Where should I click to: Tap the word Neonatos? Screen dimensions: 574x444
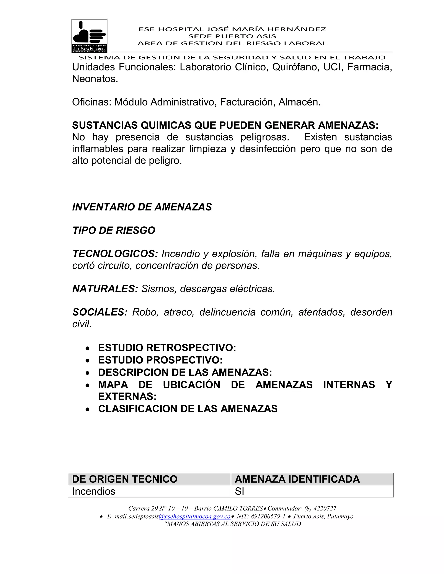pos(95,79)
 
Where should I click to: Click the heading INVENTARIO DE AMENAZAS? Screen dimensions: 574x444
pos(142,207)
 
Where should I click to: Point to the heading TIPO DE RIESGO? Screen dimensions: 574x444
pos(114,230)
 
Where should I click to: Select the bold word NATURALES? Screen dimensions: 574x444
pos(105,289)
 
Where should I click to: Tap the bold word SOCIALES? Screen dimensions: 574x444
pos(100,312)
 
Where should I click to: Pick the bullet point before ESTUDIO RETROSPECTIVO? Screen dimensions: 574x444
pos(88,349)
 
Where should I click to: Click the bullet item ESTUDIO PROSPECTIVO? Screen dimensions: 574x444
pos(160,360)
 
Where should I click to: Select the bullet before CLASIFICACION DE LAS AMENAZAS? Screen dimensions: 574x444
pos(88,409)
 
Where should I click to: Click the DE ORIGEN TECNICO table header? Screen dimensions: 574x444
pos(125,479)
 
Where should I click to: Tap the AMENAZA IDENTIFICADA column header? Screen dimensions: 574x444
pos(297,479)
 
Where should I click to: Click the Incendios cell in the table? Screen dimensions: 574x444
pos(94,491)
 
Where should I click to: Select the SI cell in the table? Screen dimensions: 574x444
pos(239,491)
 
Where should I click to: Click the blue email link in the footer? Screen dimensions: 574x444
pos(195,516)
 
